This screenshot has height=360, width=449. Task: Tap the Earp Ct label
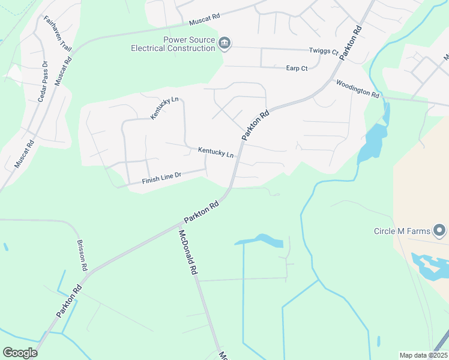click(297, 68)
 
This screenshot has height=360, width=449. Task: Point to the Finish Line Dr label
click(164, 178)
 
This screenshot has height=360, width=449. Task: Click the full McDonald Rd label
click(188, 252)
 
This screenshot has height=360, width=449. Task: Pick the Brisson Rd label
click(82, 256)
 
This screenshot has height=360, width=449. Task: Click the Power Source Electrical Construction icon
click(224, 42)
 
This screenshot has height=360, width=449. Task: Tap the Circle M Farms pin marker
click(441, 230)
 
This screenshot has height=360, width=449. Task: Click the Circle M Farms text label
click(403, 230)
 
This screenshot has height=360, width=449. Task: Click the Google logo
click(20, 352)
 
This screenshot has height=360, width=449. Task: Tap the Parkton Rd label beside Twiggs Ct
click(351, 42)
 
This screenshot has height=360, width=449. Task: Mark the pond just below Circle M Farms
click(429, 265)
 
